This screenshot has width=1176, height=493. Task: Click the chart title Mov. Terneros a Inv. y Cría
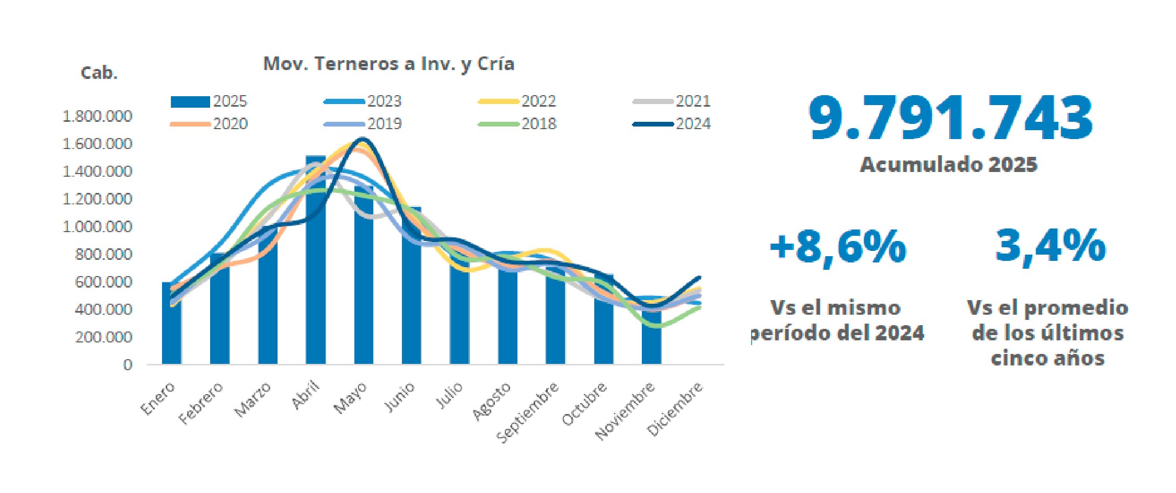pyautogui.click(x=389, y=64)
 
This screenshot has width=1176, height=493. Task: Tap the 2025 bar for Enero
pyautogui.click(x=171, y=324)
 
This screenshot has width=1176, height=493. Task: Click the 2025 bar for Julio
pyautogui.click(x=459, y=314)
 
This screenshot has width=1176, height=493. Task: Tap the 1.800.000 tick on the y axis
pyautogui.click(x=97, y=116)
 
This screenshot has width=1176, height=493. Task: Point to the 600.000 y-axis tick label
pyautogui.click(x=103, y=282)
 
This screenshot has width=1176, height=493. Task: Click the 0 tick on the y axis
pyautogui.click(x=128, y=365)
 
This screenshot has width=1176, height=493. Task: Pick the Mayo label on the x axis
pyautogui.click(x=351, y=398)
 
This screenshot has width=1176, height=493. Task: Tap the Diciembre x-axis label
pyautogui.click(x=675, y=410)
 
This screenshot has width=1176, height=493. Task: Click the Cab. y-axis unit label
pyautogui.click(x=99, y=73)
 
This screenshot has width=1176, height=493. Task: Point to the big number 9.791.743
pyautogui.click(x=950, y=119)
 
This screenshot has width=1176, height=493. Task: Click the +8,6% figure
pyautogui.click(x=838, y=247)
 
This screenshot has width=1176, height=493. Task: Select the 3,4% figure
pyautogui.click(x=1050, y=246)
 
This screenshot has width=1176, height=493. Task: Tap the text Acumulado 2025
pyautogui.click(x=949, y=165)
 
